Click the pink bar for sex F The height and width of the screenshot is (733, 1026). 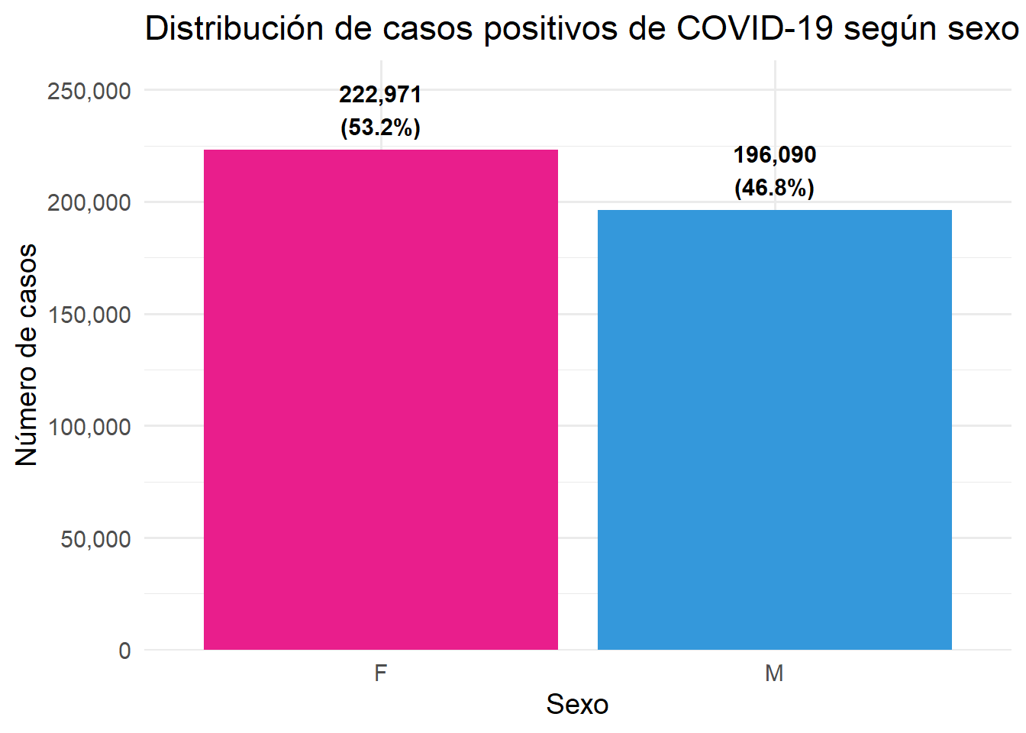[380, 399]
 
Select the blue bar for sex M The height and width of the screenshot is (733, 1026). [774, 430]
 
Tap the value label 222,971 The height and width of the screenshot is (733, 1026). [380, 95]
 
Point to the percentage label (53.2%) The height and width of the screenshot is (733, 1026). [380, 127]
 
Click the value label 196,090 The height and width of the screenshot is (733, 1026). [774, 155]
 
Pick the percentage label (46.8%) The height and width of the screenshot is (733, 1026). [774, 187]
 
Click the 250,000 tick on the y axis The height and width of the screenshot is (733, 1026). [89, 91]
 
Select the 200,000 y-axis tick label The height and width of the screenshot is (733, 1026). [89, 203]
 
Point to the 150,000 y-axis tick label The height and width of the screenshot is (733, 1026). [89, 315]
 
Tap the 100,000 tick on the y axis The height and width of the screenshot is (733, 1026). [89, 427]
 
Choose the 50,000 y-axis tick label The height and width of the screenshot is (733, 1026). [95, 539]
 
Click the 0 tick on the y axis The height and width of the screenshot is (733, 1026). [124, 651]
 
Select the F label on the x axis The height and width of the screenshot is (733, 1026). [380, 673]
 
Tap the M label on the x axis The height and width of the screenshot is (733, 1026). [774, 673]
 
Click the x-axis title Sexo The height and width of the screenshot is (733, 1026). [577, 705]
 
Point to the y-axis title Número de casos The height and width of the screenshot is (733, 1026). [27, 355]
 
